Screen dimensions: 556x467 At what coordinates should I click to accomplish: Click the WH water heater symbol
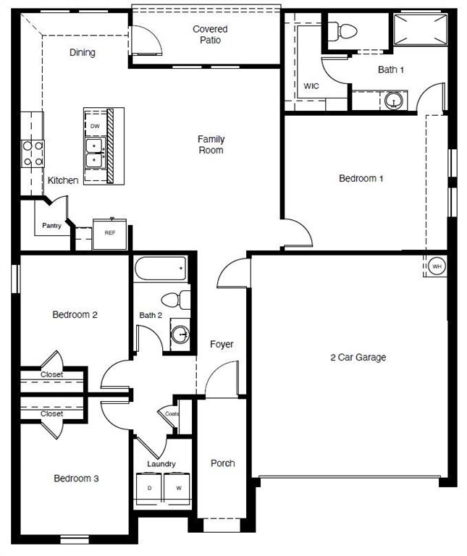437,266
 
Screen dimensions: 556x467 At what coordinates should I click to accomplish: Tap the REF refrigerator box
110,233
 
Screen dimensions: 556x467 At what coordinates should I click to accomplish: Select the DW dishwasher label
95,125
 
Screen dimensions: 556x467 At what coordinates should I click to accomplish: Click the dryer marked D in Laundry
150,488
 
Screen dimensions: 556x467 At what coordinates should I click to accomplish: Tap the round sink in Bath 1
394,100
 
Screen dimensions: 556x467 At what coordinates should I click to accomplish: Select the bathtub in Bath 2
161,270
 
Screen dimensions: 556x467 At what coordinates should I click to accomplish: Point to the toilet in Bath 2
174,299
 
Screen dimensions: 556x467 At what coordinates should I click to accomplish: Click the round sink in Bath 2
180,334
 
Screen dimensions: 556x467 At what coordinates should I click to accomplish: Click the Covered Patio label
210,34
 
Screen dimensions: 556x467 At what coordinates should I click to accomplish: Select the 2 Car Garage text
358,357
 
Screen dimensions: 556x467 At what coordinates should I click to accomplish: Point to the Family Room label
211,145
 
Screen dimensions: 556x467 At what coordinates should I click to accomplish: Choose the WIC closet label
311,86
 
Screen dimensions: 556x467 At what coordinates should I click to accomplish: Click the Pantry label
51,226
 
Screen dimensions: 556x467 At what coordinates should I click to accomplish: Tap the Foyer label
222,344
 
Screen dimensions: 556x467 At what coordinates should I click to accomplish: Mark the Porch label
222,463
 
